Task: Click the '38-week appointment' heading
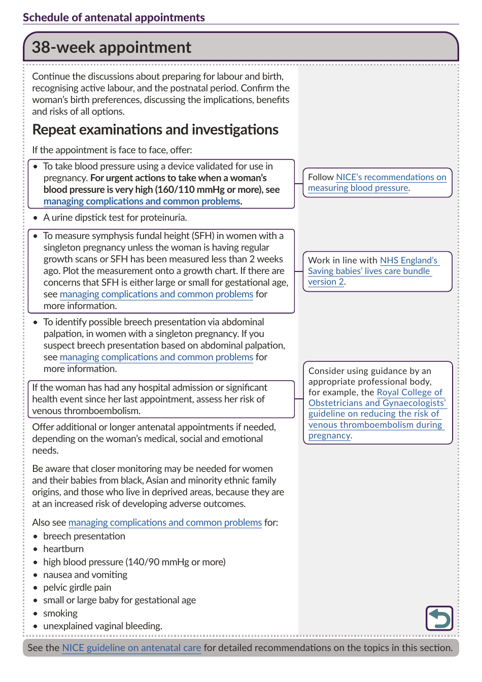tap(112, 47)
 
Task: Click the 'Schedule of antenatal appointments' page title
tap(114, 17)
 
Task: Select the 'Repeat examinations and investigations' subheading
tap(155, 130)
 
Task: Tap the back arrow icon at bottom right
tap(439, 618)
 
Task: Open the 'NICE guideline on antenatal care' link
tap(131, 648)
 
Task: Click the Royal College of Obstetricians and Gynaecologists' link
tap(376, 408)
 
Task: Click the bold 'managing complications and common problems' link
tap(142, 201)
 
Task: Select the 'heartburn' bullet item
tap(63, 549)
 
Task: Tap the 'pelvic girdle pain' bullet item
tap(77, 588)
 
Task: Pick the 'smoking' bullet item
tap(60, 613)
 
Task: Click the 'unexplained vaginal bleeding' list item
tap(102, 626)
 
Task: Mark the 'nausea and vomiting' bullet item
tap(85, 575)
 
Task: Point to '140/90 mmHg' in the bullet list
tap(157, 562)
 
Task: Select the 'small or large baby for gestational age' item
tap(119, 600)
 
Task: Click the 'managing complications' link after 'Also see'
tap(165, 523)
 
